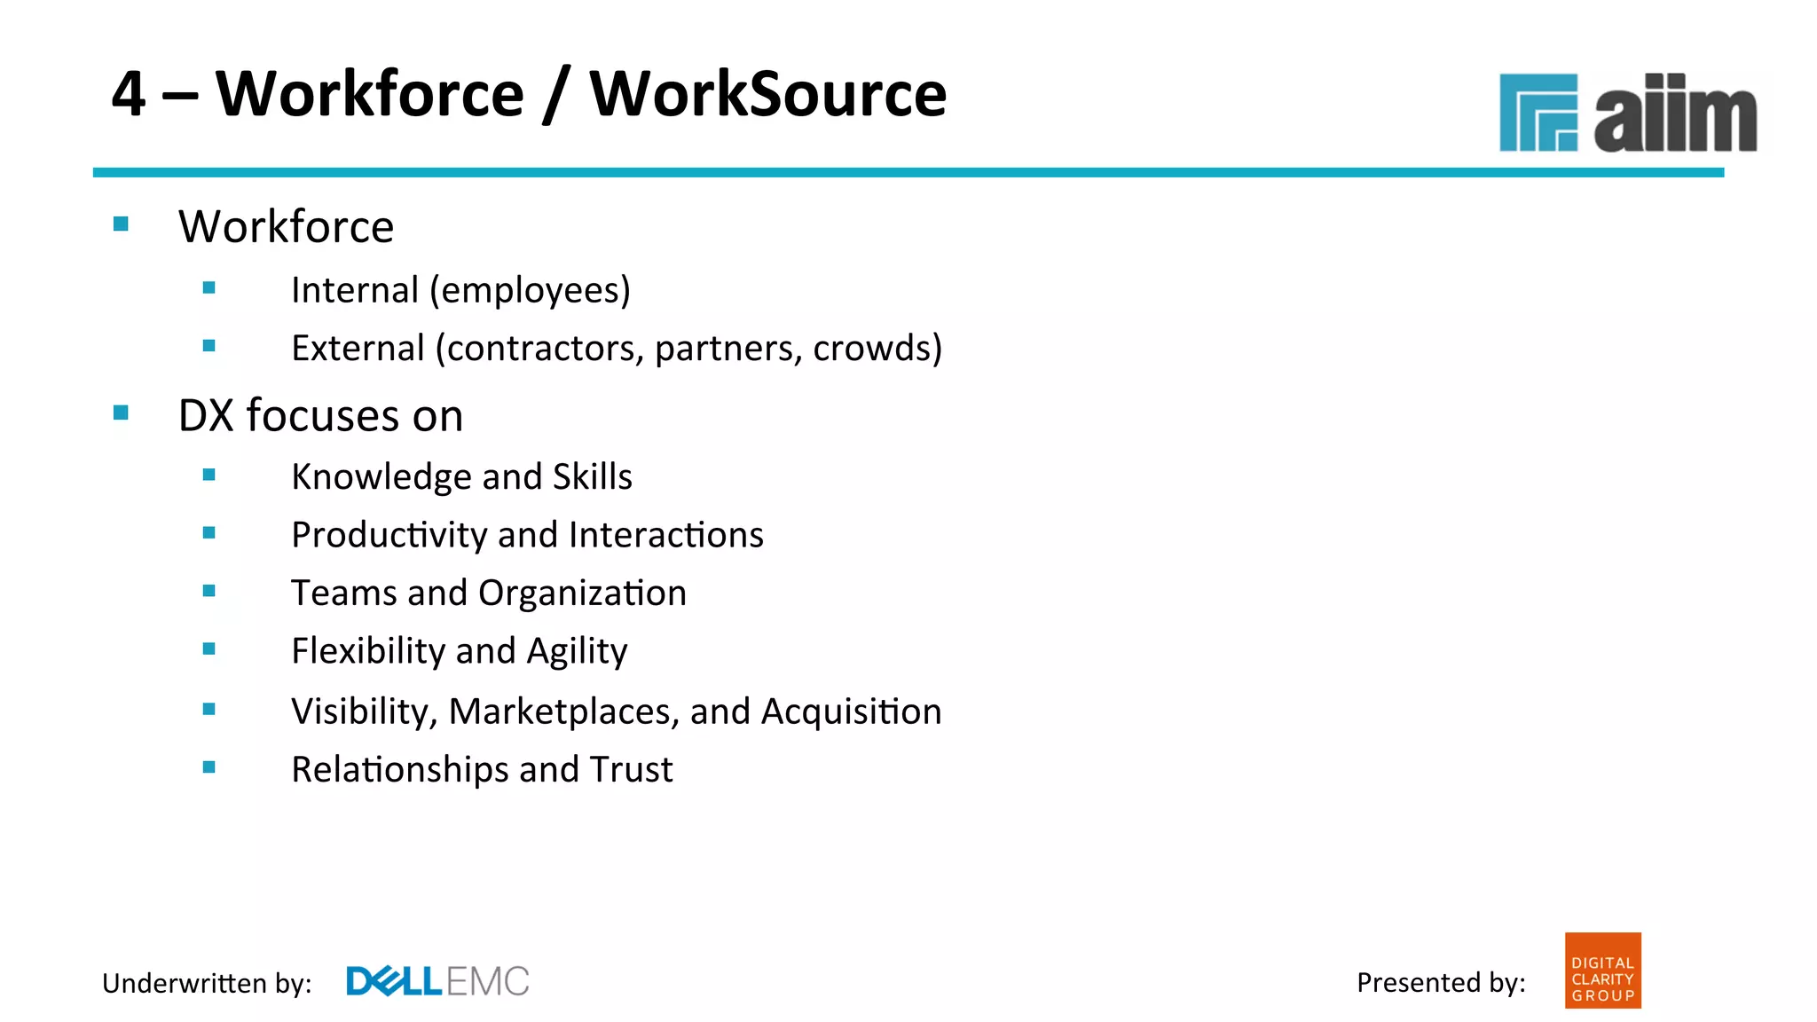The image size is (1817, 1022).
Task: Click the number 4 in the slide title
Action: (130, 94)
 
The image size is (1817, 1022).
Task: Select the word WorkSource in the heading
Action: (768, 94)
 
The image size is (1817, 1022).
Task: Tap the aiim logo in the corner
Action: (1627, 114)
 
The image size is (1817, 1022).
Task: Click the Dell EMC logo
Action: (437, 981)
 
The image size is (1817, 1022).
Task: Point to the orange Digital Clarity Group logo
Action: (1602, 971)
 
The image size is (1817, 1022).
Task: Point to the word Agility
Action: (577, 652)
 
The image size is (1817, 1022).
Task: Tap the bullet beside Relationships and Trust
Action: (209, 767)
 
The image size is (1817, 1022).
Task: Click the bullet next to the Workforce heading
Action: (122, 224)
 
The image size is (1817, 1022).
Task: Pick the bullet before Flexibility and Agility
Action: (209, 649)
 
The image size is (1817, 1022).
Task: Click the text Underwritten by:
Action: (207, 983)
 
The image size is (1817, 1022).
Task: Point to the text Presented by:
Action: (1441, 982)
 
